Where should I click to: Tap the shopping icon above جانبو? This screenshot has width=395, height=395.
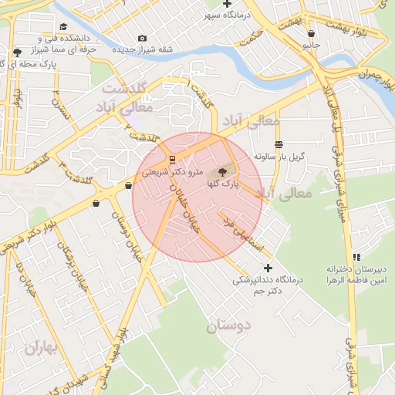(x=311, y=34)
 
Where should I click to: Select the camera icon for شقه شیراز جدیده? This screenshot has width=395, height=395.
(x=142, y=39)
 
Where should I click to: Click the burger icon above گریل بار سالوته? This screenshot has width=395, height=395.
(x=279, y=144)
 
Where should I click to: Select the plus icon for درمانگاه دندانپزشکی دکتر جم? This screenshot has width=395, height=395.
(x=268, y=268)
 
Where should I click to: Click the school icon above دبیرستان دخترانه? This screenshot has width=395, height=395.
(x=356, y=257)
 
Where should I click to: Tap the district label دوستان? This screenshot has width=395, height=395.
(x=228, y=326)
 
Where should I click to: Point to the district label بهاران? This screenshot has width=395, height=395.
(x=42, y=349)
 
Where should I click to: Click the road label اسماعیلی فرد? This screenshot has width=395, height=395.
(x=244, y=231)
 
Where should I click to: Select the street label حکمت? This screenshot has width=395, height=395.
(x=252, y=42)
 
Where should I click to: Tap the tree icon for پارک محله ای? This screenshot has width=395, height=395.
(x=18, y=52)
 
